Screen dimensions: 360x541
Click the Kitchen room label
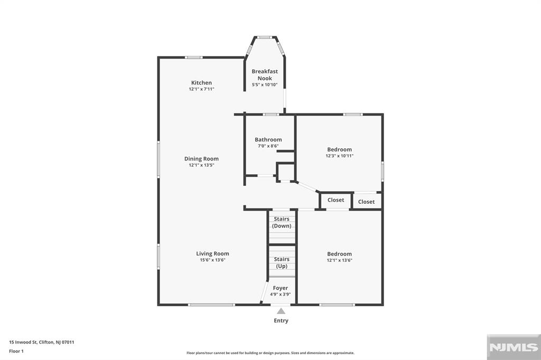click(x=201, y=83)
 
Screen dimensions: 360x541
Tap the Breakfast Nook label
click(x=265, y=75)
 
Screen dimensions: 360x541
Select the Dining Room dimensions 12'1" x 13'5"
click(x=201, y=165)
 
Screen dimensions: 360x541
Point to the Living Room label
click(x=212, y=253)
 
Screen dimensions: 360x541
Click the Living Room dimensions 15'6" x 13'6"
click(x=212, y=260)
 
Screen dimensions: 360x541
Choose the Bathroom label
click(x=268, y=139)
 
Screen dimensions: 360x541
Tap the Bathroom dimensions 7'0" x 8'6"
click(x=268, y=146)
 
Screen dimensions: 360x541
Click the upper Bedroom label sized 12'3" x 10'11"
click(x=339, y=149)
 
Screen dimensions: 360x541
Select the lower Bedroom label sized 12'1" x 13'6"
click(x=339, y=254)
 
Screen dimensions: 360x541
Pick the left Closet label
click(x=336, y=200)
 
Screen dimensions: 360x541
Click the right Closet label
click(x=366, y=202)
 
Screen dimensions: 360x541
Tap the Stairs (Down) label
click(x=282, y=222)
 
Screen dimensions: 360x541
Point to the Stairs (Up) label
click(x=282, y=262)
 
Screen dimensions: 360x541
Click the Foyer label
click(x=281, y=288)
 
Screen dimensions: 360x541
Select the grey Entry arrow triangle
click(x=281, y=311)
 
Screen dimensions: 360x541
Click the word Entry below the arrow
click(x=281, y=320)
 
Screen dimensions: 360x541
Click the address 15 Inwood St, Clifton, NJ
click(x=42, y=342)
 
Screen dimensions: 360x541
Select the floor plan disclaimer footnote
click(x=270, y=353)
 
